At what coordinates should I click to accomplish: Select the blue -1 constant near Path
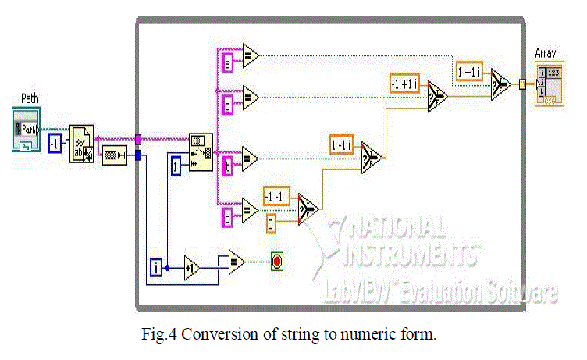tap(55, 144)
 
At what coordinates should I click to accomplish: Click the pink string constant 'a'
tap(227, 64)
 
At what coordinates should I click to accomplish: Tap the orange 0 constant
tap(269, 224)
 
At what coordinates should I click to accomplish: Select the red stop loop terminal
tap(277, 262)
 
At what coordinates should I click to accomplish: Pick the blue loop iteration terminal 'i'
tap(155, 269)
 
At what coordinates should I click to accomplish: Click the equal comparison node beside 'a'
tap(250, 55)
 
